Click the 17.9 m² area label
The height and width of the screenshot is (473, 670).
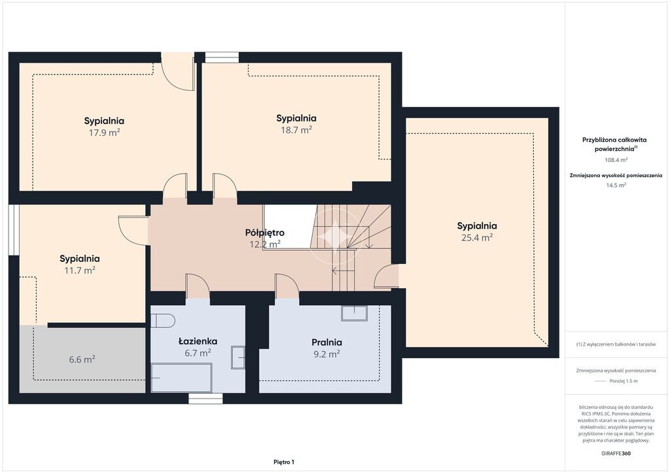click(104, 133)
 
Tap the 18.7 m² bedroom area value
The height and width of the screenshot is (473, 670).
click(296, 130)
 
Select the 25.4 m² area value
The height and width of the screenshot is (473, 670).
click(477, 238)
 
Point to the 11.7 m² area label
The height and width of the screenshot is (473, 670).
click(79, 270)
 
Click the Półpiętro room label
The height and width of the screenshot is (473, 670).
click(265, 233)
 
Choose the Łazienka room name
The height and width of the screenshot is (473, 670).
click(198, 341)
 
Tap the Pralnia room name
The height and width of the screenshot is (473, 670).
click(327, 342)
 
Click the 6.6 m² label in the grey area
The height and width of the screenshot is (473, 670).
click(82, 359)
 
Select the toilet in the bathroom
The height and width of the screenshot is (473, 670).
click(163, 321)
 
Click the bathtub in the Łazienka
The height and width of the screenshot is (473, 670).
click(182, 378)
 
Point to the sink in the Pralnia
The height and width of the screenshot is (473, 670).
click(354, 313)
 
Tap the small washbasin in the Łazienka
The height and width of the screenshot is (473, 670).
click(238, 357)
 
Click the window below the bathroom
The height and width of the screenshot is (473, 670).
click(206, 399)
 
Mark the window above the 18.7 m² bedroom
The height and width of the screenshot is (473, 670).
click(222, 57)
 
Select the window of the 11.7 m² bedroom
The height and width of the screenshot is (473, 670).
click(14, 231)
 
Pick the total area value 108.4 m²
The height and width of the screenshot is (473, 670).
click(616, 160)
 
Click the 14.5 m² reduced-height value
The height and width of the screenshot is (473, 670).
click(616, 185)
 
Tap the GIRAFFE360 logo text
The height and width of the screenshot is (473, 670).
click(616, 453)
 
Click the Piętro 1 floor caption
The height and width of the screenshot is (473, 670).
click(284, 462)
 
